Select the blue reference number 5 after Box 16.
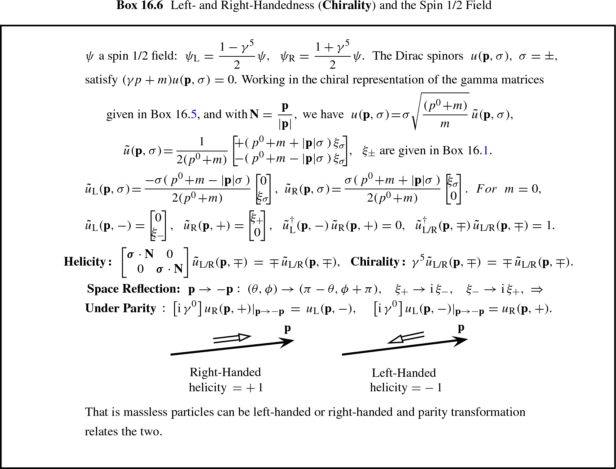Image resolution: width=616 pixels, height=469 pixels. pos(194,115)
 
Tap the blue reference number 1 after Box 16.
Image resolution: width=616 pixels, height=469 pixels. pos(486,150)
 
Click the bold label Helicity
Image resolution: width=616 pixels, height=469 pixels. pos(87,262)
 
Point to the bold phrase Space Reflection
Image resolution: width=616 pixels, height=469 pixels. pos(133,289)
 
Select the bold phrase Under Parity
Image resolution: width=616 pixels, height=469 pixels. pos(121,308)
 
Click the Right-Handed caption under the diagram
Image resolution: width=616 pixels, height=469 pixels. pos(225,372)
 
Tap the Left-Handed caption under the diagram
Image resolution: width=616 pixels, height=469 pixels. pos(404,373)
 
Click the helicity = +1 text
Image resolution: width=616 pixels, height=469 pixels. pos(226,388)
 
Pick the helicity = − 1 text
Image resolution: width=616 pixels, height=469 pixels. pos(406,388)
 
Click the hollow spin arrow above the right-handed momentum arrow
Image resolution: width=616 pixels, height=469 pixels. pos(232,339)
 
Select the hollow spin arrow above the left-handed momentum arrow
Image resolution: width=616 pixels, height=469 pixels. pos(406,337)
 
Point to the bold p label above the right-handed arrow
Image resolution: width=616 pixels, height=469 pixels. pos(287,328)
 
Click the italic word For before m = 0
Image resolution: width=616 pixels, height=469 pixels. pos(486,189)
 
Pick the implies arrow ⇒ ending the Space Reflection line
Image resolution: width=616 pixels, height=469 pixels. pos(537,289)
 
